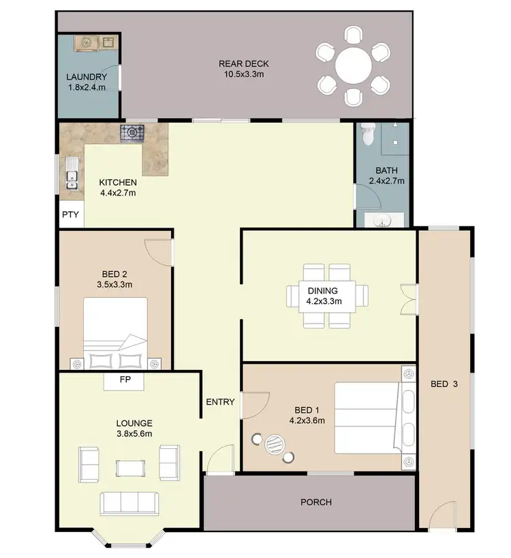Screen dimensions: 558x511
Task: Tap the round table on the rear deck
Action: click(x=352, y=65)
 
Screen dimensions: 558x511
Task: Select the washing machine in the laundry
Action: click(x=87, y=42)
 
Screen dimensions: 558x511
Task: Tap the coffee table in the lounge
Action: click(x=129, y=468)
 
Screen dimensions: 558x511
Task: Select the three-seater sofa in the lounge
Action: click(x=129, y=503)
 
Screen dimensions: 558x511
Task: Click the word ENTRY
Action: click(x=220, y=402)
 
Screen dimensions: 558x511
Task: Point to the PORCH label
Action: click(x=316, y=502)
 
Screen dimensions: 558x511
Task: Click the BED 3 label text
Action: click(x=445, y=384)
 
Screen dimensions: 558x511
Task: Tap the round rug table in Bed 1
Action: click(x=274, y=444)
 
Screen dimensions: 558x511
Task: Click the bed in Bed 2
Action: click(x=116, y=327)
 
